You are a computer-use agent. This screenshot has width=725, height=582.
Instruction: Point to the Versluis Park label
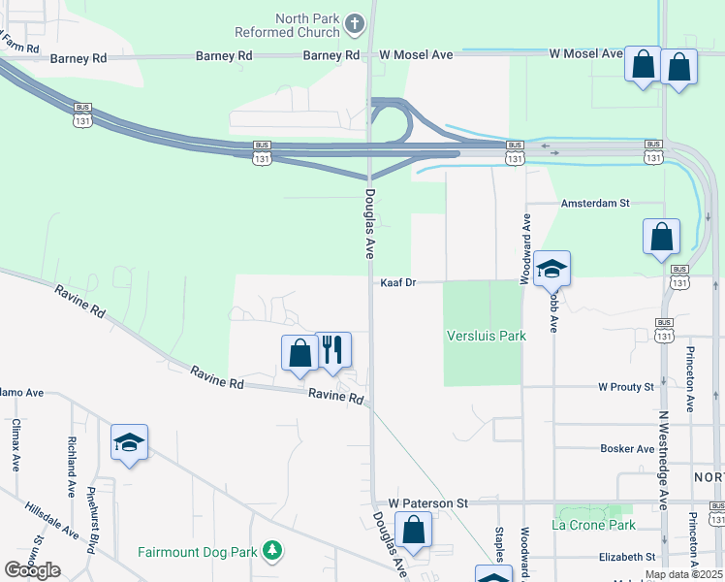point(486,336)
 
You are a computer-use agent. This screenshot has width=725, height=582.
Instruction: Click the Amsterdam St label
point(597,204)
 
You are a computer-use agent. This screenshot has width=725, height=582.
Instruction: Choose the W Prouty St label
point(626,387)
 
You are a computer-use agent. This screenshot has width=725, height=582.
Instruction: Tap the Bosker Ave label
point(627,449)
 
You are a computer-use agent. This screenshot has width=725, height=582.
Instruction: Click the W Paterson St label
point(428,503)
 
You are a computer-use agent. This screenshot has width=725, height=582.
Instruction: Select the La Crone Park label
point(593,525)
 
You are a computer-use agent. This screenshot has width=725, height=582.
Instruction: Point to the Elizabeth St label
point(627,557)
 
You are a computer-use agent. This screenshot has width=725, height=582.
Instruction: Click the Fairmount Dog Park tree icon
point(272,551)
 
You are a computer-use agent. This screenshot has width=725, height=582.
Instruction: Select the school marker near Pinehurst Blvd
point(129,442)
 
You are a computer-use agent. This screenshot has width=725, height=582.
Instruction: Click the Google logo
point(32,570)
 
